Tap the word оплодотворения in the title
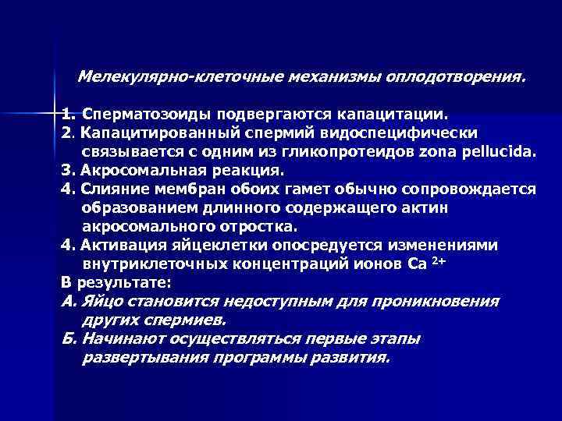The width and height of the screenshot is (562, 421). tap(461, 78)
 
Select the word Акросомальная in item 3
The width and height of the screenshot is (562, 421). tap(144, 170)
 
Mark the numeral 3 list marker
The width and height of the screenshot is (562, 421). tap(66, 170)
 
